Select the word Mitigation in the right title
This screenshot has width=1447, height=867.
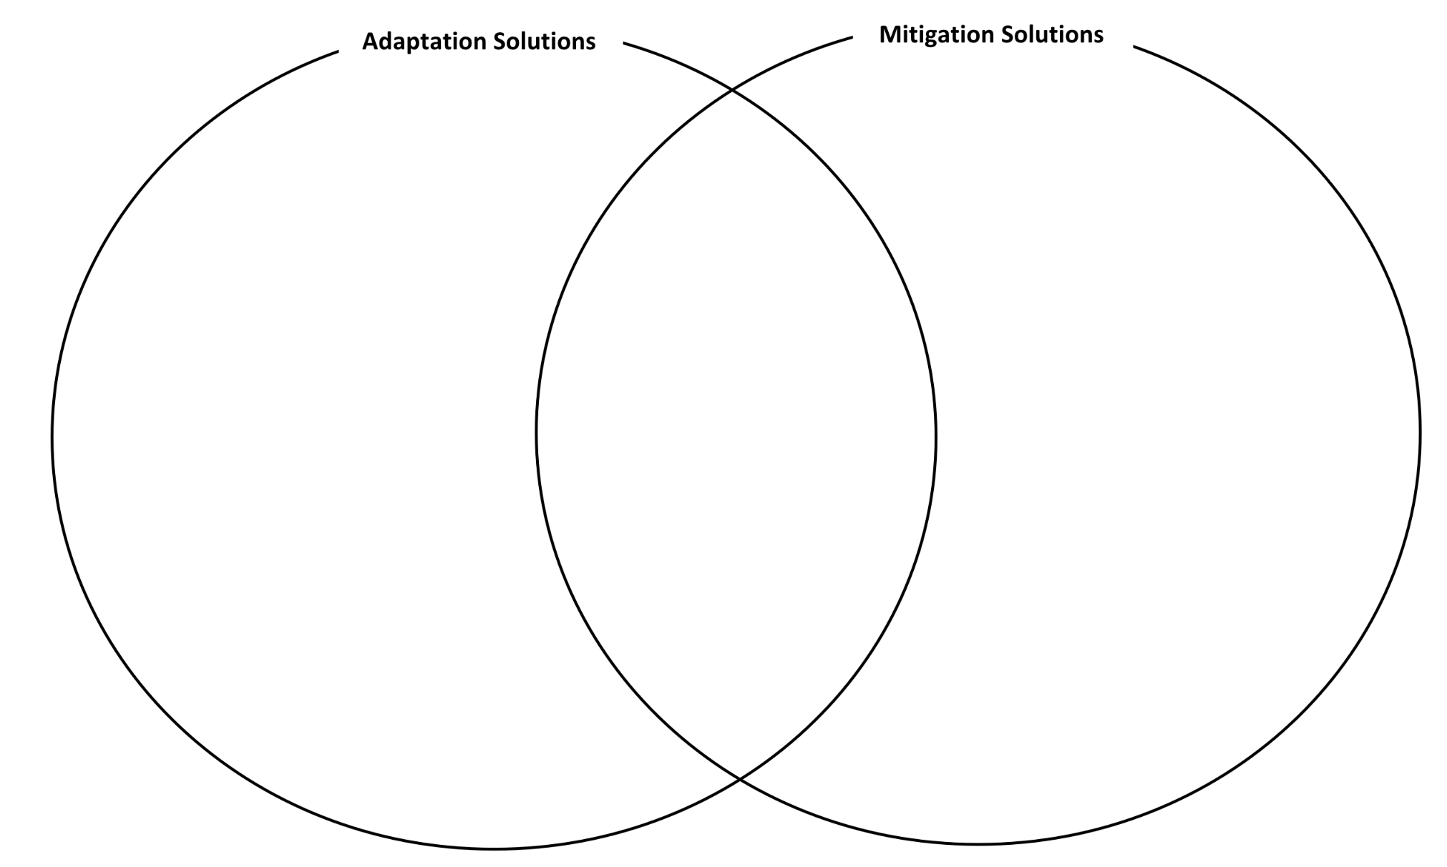[x=936, y=35]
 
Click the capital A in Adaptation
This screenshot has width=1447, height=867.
[x=371, y=41]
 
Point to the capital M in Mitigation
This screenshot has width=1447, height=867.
[x=891, y=34]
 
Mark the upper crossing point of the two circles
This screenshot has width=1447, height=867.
[x=731, y=90]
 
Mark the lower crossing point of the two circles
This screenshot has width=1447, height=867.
[x=739, y=779]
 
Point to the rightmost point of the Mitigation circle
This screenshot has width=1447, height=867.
[x=1420, y=432]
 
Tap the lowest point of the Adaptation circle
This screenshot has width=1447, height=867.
[x=494, y=848]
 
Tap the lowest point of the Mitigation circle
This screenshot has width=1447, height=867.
[x=978, y=844]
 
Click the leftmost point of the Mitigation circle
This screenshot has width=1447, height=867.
[x=537, y=432]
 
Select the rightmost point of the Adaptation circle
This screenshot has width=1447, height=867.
[x=935, y=438]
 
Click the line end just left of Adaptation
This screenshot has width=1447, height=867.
[x=338, y=51]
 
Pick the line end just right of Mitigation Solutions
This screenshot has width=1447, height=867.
[x=1134, y=46]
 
